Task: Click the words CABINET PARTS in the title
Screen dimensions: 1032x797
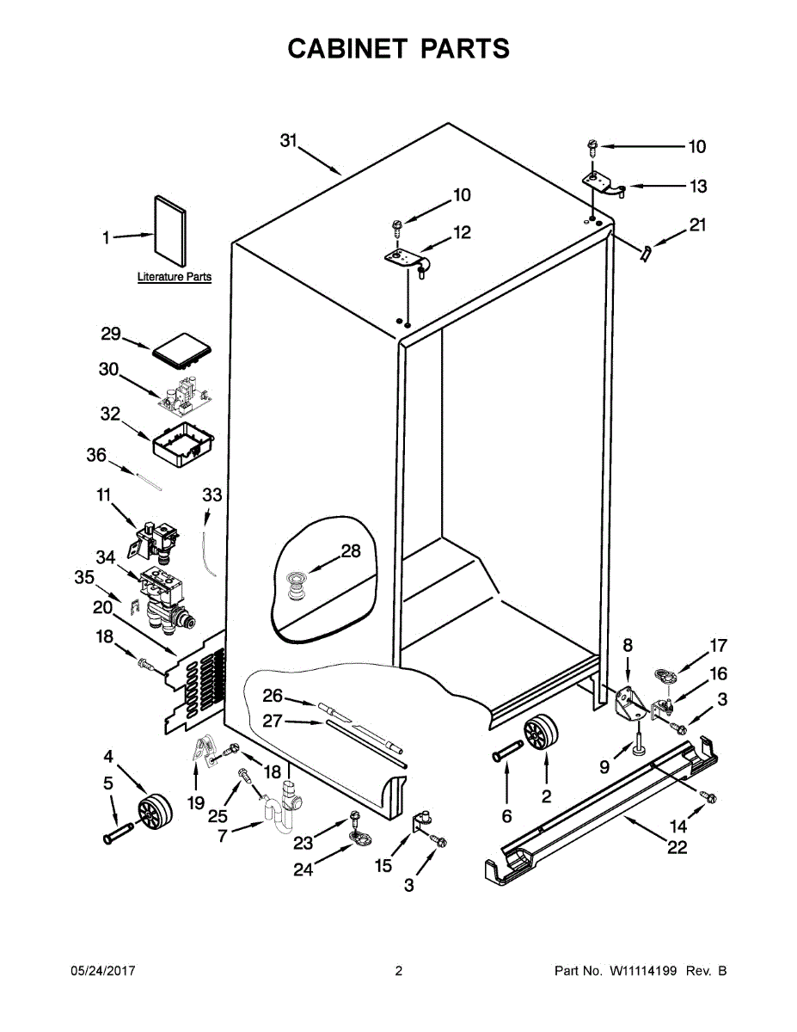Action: (x=398, y=49)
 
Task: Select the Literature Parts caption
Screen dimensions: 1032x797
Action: (x=175, y=278)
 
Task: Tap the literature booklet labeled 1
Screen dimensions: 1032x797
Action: (x=169, y=230)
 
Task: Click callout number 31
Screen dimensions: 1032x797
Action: (x=288, y=141)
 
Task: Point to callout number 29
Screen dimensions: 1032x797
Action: (x=112, y=334)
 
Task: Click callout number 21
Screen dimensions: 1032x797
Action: (x=698, y=226)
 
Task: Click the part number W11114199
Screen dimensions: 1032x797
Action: (x=645, y=972)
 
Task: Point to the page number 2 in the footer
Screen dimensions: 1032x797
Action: (x=398, y=972)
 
